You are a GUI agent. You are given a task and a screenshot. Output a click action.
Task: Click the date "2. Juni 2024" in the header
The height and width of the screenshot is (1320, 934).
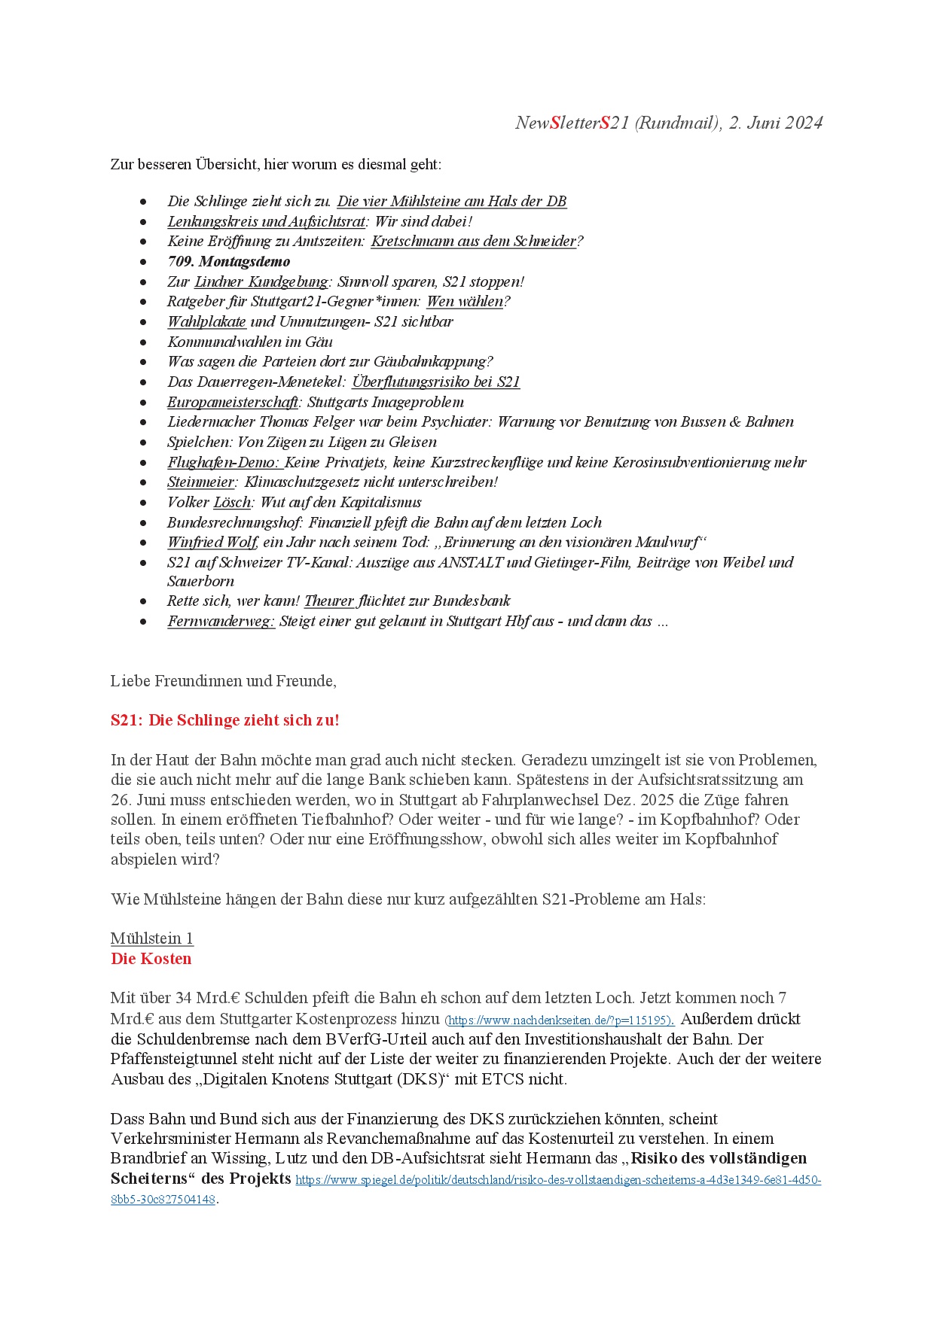pos(775,123)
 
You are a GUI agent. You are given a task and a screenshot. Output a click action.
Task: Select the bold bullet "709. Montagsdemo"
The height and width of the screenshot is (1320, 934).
pos(228,262)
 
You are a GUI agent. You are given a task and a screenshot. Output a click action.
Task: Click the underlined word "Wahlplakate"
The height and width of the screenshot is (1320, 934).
pos(206,322)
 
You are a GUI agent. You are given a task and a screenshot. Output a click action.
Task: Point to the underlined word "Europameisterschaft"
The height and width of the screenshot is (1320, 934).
pos(233,403)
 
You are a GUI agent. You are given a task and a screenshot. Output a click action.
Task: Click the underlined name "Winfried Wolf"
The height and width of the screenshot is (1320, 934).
pos(212,543)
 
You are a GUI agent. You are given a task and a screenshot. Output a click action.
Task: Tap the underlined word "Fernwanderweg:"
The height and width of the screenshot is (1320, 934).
pos(221,622)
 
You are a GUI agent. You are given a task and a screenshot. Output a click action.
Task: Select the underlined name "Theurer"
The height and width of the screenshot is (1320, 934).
pos(329,601)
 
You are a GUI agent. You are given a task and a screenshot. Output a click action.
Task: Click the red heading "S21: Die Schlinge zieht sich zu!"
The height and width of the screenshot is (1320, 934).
pos(224,720)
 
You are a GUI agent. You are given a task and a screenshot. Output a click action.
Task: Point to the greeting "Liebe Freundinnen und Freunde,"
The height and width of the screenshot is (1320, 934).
pos(223,681)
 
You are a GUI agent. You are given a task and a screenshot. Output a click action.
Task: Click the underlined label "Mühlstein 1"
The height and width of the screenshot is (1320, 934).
pos(151,938)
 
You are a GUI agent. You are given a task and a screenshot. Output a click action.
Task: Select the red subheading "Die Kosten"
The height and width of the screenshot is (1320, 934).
pos(151,959)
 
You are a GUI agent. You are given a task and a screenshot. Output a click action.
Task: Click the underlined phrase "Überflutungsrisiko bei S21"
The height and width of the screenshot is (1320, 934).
pos(435,382)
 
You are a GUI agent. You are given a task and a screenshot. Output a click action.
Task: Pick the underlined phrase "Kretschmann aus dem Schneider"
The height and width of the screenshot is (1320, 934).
pos(473,242)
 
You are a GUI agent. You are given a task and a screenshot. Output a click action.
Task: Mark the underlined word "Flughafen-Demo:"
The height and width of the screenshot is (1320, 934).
pos(223,463)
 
